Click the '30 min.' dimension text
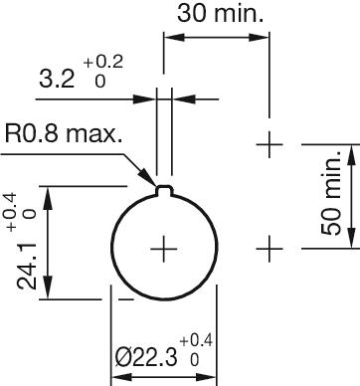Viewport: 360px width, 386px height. tap(220, 14)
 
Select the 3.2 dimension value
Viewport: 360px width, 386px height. tap(56, 79)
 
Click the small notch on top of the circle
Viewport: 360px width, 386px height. tap(165, 186)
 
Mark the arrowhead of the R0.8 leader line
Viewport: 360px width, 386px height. tap(155, 182)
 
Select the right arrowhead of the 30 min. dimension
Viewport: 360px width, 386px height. tap(264, 38)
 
